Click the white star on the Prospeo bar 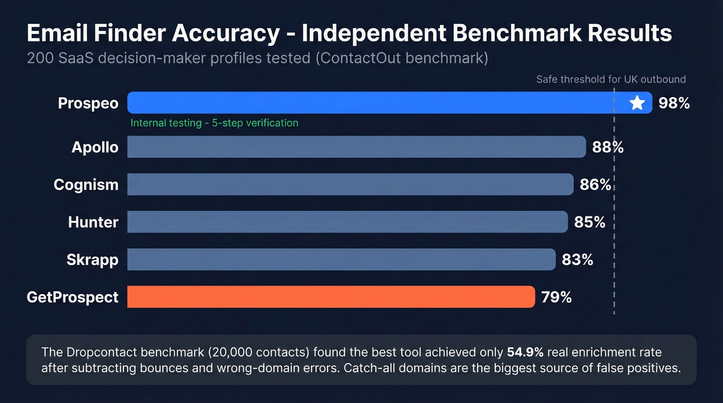click(x=637, y=103)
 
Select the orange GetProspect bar click(x=331, y=297)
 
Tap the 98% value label click(x=674, y=103)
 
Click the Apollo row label click(x=95, y=148)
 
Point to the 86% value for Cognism click(x=595, y=185)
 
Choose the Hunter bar click(x=347, y=222)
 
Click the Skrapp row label click(x=92, y=260)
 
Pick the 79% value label click(x=556, y=297)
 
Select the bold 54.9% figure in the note click(x=525, y=352)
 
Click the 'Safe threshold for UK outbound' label click(x=610, y=79)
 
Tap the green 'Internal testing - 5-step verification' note click(x=214, y=123)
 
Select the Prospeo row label click(x=88, y=103)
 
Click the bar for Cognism click(x=350, y=185)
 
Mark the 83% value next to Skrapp click(x=577, y=260)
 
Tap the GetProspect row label click(x=72, y=297)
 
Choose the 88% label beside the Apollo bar click(x=608, y=148)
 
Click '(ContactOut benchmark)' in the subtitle click(x=401, y=58)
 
